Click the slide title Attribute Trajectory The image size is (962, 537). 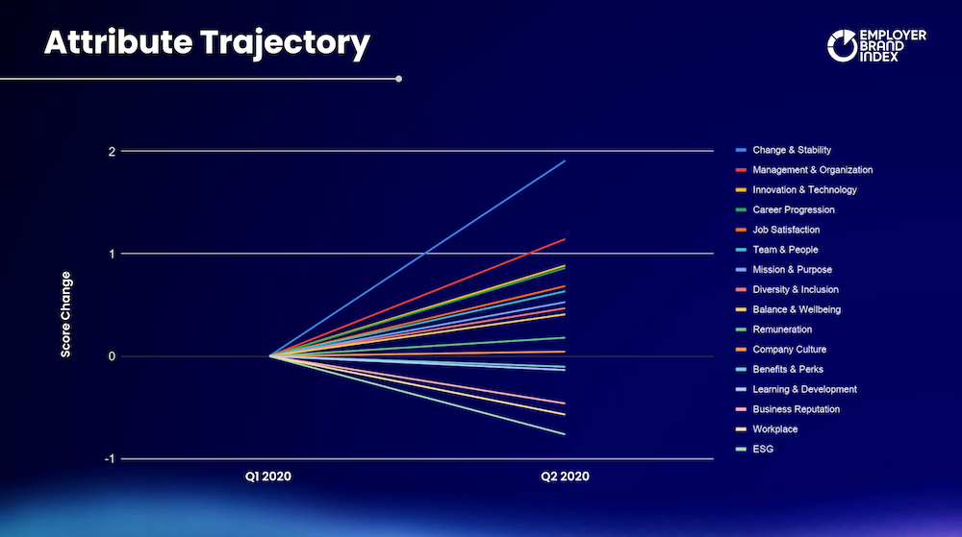coord(208,43)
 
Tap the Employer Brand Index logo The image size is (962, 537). coord(876,45)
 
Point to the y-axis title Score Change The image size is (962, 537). coord(65,314)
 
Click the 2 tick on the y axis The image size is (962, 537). coord(112,151)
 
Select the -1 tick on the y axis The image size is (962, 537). coord(110,458)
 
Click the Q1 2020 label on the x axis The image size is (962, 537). coord(268,476)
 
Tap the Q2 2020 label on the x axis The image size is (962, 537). coord(565,476)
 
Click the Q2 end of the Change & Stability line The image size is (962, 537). coord(565,161)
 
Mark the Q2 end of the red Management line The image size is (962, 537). coord(565,239)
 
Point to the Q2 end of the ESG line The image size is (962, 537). coord(565,434)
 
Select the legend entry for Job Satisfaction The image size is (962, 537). coord(778,230)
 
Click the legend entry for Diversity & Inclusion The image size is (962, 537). coord(787,289)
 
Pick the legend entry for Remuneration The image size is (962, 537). coord(774,330)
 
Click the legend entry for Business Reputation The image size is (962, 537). coord(788,409)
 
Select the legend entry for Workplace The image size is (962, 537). coord(767,429)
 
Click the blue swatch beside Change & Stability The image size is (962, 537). coord(741,150)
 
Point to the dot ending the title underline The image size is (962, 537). coord(399,79)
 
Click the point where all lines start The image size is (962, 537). coord(270,355)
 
